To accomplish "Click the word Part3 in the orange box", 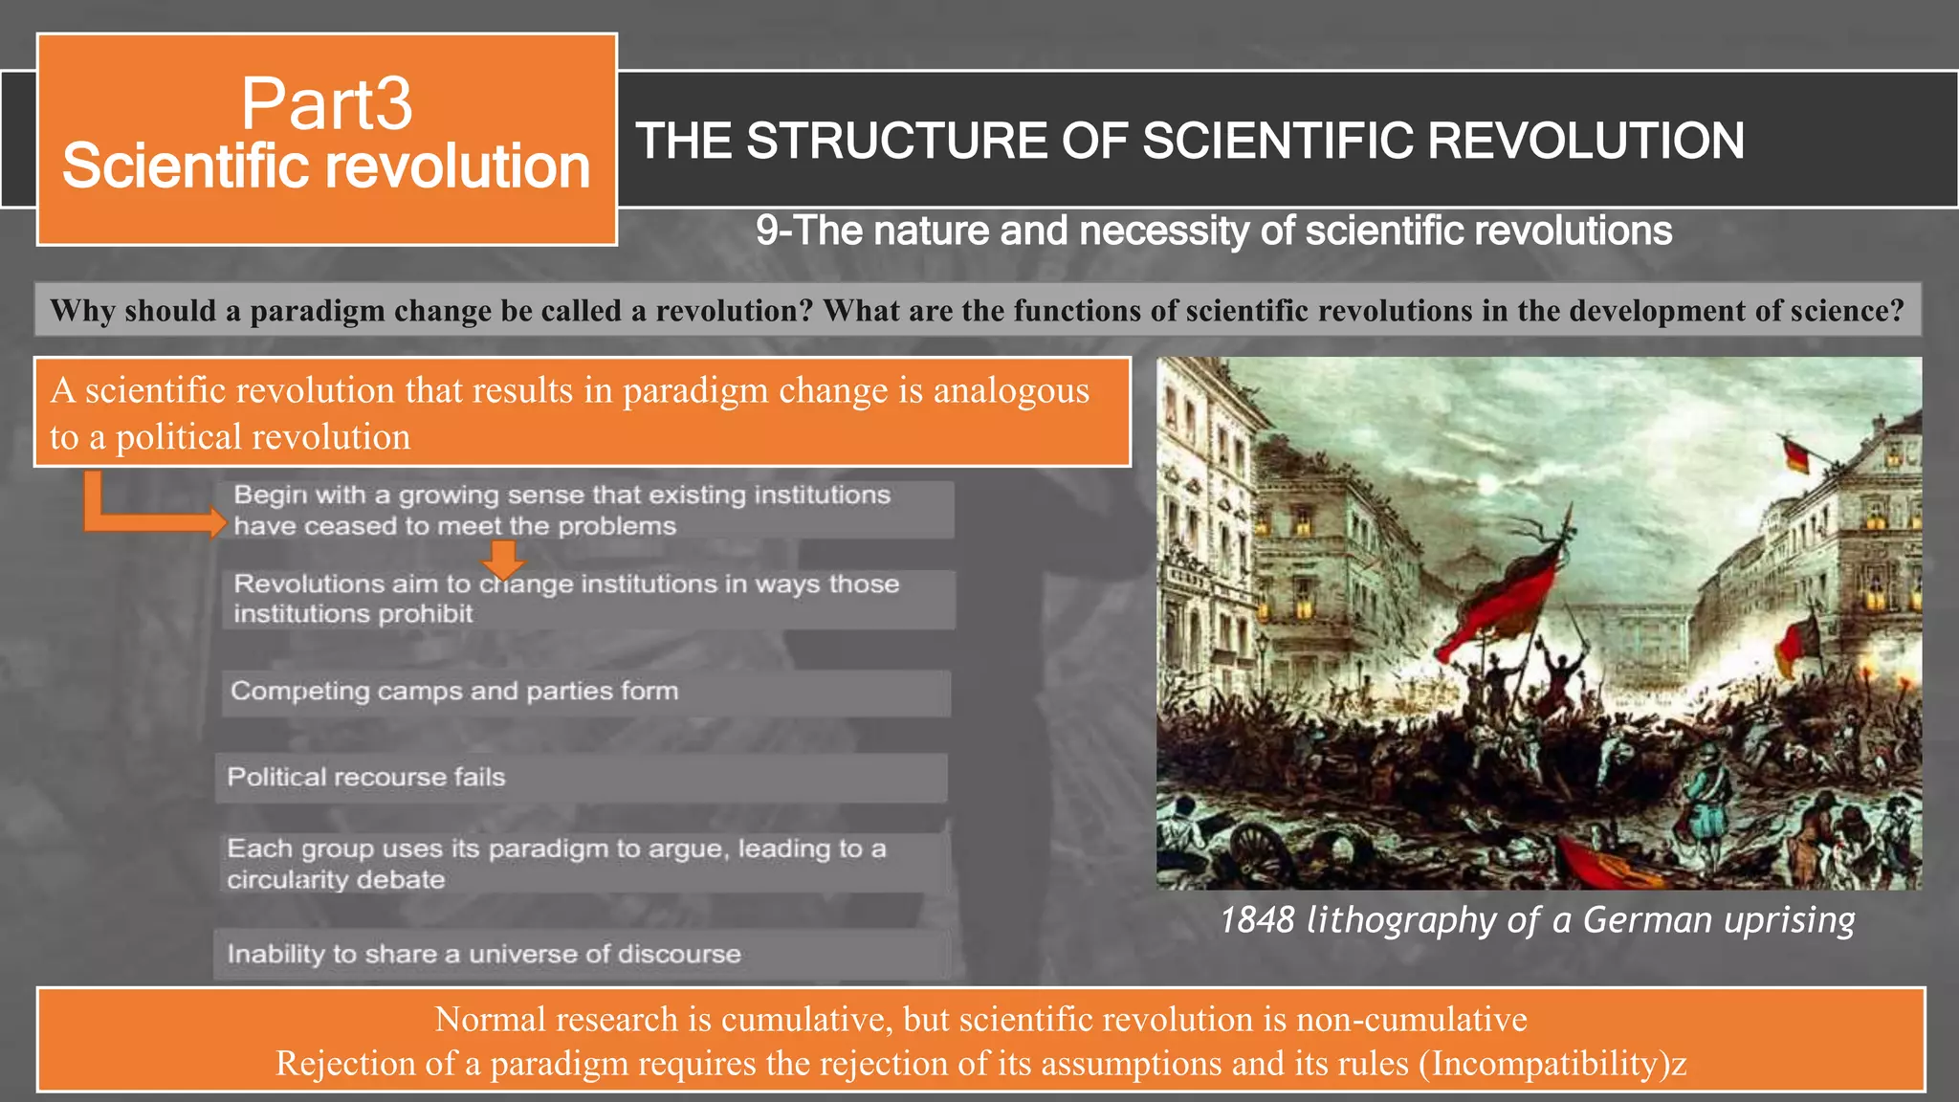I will pos(326,103).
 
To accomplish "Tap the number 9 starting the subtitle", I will pos(766,231).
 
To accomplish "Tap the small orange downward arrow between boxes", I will pos(502,558).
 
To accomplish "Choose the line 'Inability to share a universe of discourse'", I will pos(484,954).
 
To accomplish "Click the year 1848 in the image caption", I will pos(1257,920).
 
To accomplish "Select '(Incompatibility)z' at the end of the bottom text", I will pos(1552,1064).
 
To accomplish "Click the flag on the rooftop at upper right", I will pos(1796,452).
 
